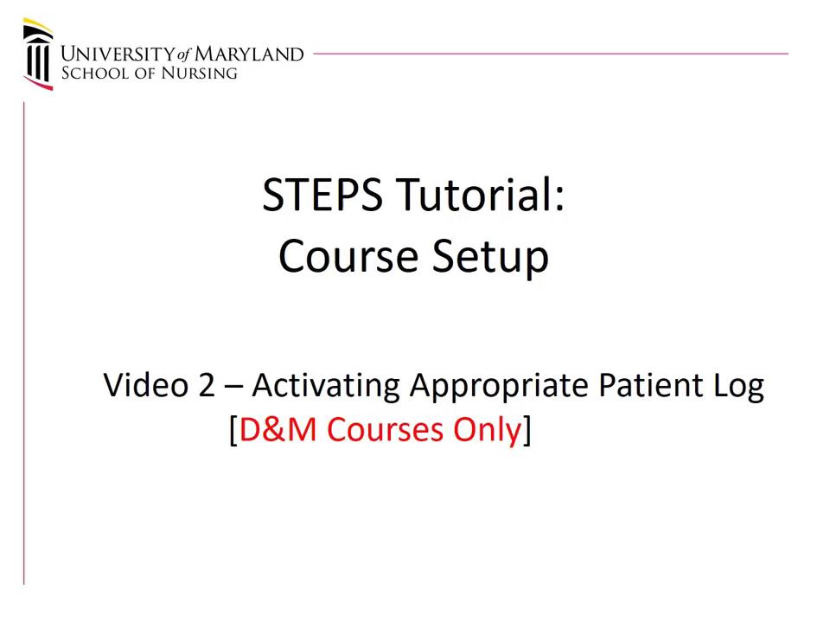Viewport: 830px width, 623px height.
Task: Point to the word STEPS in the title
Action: click(x=322, y=195)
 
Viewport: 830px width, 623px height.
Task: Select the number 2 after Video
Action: click(x=206, y=385)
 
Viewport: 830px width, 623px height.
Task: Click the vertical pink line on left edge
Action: click(x=24, y=346)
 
